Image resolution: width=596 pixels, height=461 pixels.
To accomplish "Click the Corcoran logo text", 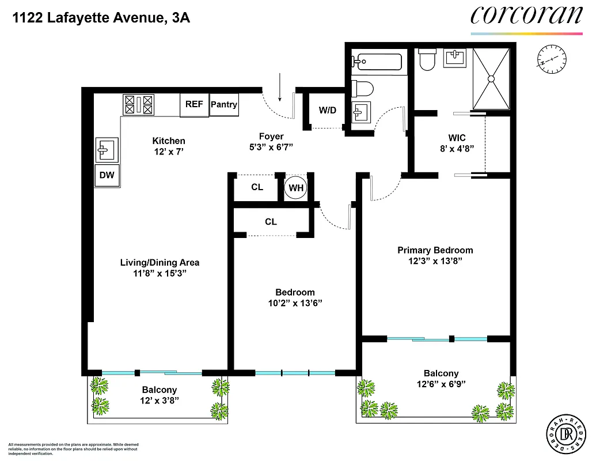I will [526, 16].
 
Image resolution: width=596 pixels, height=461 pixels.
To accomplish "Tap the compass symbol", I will [548, 59].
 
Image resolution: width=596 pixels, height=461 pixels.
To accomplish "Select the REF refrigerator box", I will [194, 105].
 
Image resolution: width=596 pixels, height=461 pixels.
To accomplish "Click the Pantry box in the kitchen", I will [224, 105].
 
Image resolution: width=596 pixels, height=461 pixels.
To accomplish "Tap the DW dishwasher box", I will [107, 176].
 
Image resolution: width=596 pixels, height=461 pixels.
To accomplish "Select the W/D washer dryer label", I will [328, 110].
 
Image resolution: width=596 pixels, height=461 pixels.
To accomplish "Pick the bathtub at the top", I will [378, 61].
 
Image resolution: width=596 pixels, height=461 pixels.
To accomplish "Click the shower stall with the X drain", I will [491, 78].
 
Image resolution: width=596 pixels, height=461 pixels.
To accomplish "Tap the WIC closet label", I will [457, 138].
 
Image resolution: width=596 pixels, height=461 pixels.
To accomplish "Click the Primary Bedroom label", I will [435, 250].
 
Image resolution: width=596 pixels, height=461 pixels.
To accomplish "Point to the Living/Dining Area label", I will [160, 263].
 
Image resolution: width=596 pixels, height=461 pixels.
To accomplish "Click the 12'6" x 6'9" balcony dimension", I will [441, 384].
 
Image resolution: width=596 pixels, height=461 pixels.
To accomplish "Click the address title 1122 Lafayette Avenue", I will [101, 18].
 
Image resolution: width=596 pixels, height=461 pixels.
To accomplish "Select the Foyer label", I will [271, 137].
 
